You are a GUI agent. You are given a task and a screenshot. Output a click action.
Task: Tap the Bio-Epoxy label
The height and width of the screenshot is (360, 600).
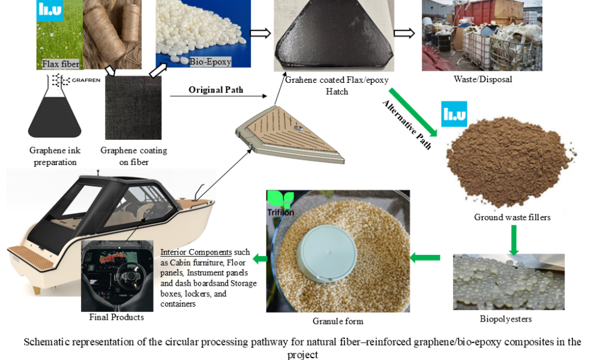pyautogui.click(x=210, y=61)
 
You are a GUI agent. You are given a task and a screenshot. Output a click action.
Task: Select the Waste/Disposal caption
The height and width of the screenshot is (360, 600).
pyautogui.click(x=482, y=79)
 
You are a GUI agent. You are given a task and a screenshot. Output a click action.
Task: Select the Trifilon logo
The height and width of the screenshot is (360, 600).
pyautogui.click(x=281, y=205)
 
